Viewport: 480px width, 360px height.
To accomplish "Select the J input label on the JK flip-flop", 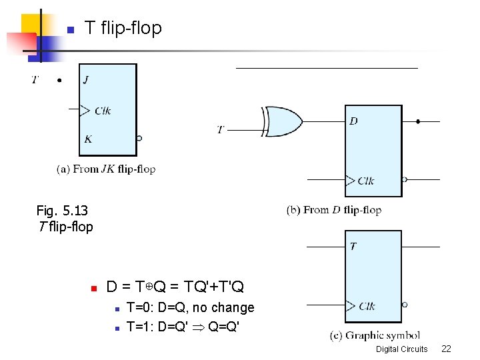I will coord(87,81).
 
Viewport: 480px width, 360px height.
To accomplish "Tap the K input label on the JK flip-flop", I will coord(88,139).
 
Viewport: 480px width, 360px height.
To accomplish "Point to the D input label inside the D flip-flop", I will coord(353,121).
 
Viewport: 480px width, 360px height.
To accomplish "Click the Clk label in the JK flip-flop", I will coord(102,111).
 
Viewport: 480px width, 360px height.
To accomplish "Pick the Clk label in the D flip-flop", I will coord(366,180).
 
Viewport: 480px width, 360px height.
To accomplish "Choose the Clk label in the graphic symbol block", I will coord(367,306).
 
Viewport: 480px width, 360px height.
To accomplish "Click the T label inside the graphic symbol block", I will coord(353,247).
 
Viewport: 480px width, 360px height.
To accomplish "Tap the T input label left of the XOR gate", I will coord(221,129).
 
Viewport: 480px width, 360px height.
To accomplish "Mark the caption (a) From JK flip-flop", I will coord(106,169).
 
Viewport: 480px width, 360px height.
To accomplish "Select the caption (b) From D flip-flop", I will coord(334,210).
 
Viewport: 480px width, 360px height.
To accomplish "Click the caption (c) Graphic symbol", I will coord(375,335).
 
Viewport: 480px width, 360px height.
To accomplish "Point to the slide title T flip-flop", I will coord(123,28).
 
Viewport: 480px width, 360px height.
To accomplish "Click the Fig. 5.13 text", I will coord(62,211).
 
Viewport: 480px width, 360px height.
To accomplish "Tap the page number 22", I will coord(446,349).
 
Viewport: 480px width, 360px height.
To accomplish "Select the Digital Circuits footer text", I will coord(401,349).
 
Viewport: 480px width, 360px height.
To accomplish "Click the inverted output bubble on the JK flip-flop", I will coord(139,139).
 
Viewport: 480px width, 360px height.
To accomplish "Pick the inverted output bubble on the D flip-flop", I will coord(405,179).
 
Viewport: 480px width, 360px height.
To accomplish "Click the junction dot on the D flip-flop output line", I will coord(418,122).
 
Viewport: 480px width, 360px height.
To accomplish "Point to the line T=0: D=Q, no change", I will coord(191,307).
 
